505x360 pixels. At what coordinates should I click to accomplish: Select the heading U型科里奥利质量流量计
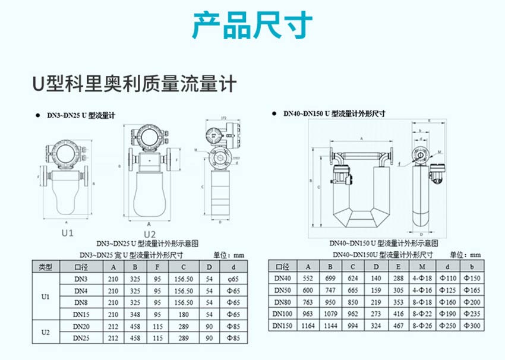(x=134, y=83)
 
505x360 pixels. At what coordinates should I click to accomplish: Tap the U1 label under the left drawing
(x=67, y=232)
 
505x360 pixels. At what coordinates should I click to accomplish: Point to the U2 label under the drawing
(x=149, y=234)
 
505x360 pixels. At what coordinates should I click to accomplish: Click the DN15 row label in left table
(x=81, y=314)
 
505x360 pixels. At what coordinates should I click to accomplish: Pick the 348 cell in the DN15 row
(x=135, y=314)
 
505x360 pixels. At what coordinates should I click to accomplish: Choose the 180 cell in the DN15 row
(x=184, y=314)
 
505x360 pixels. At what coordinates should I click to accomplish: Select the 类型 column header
(x=46, y=267)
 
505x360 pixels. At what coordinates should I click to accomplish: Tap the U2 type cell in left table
(x=46, y=332)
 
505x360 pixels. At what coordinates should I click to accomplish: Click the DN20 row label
(x=81, y=326)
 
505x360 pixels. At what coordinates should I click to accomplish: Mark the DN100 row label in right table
(x=283, y=313)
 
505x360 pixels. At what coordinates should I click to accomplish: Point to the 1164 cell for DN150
(x=308, y=326)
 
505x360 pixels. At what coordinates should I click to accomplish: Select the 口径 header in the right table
(x=283, y=266)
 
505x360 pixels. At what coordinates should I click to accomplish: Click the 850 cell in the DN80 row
(x=353, y=302)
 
